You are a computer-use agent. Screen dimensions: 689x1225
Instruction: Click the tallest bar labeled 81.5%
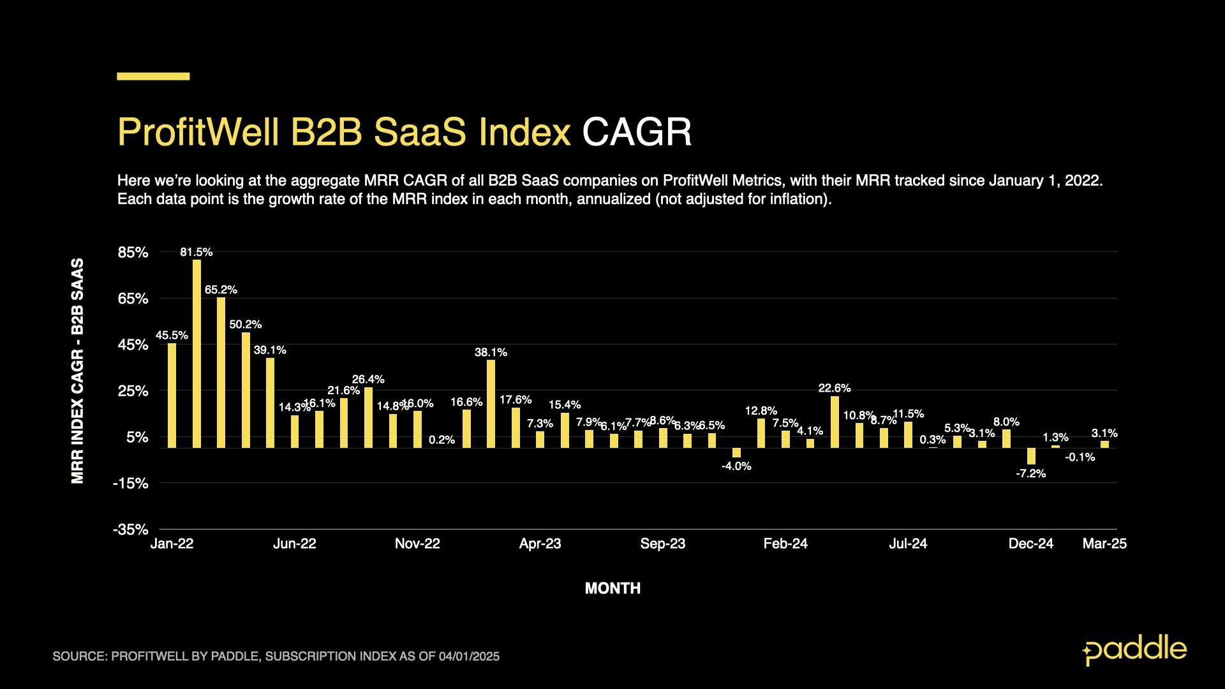197,353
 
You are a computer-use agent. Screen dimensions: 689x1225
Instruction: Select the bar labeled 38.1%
491,404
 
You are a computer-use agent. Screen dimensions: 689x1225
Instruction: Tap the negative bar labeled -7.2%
1031,456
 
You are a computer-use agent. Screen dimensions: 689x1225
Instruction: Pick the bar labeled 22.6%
835,422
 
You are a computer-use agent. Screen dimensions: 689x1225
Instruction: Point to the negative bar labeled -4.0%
736,452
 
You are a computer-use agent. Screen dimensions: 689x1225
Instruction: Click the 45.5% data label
172,336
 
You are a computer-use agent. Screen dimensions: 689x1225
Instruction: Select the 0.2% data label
442,440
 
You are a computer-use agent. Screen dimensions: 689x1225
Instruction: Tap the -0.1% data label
1080,457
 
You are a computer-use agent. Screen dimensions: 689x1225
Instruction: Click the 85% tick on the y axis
133,252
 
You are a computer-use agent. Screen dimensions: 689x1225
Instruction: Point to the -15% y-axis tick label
130,483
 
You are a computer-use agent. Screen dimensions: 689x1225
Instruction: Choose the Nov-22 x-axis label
417,544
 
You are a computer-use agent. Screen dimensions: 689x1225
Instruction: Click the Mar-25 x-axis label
1104,544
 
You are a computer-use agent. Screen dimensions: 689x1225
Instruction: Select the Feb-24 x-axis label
785,544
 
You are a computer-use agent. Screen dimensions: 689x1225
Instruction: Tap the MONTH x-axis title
612,588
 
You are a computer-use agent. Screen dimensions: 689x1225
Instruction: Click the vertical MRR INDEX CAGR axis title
77,371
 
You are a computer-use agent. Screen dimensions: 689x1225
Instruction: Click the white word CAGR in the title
637,132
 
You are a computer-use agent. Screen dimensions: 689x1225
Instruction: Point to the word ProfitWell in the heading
198,132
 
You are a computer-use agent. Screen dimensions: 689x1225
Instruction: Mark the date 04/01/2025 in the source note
469,656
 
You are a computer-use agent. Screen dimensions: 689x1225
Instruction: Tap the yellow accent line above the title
153,77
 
